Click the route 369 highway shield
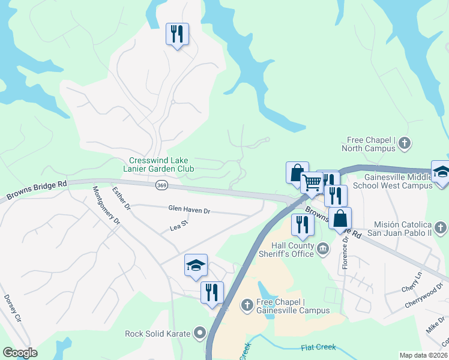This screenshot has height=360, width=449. pyautogui.click(x=161, y=185)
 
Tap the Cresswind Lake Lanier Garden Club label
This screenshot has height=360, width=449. pyautogui.click(x=162, y=165)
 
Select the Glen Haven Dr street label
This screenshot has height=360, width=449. pyautogui.click(x=189, y=210)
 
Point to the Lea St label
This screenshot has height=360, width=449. pyautogui.click(x=179, y=226)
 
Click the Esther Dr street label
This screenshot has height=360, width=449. pyautogui.click(x=122, y=199)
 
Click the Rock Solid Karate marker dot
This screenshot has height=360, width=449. pyautogui.click(x=200, y=334)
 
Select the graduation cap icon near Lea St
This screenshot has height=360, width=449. pyautogui.click(x=196, y=266)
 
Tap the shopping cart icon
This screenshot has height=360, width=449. pyautogui.click(x=312, y=182)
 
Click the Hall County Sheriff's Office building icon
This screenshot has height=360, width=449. pyautogui.click(x=323, y=248)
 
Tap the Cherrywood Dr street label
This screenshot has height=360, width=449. pyautogui.click(x=419, y=299)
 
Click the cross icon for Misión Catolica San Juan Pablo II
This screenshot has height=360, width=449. pyautogui.click(x=441, y=227)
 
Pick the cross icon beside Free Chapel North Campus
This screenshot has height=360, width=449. pyautogui.click(x=405, y=143)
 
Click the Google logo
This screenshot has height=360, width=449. pyautogui.click(x=20, y=353)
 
